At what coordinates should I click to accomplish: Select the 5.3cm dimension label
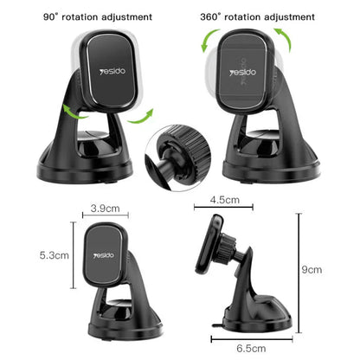pos(54,255)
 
